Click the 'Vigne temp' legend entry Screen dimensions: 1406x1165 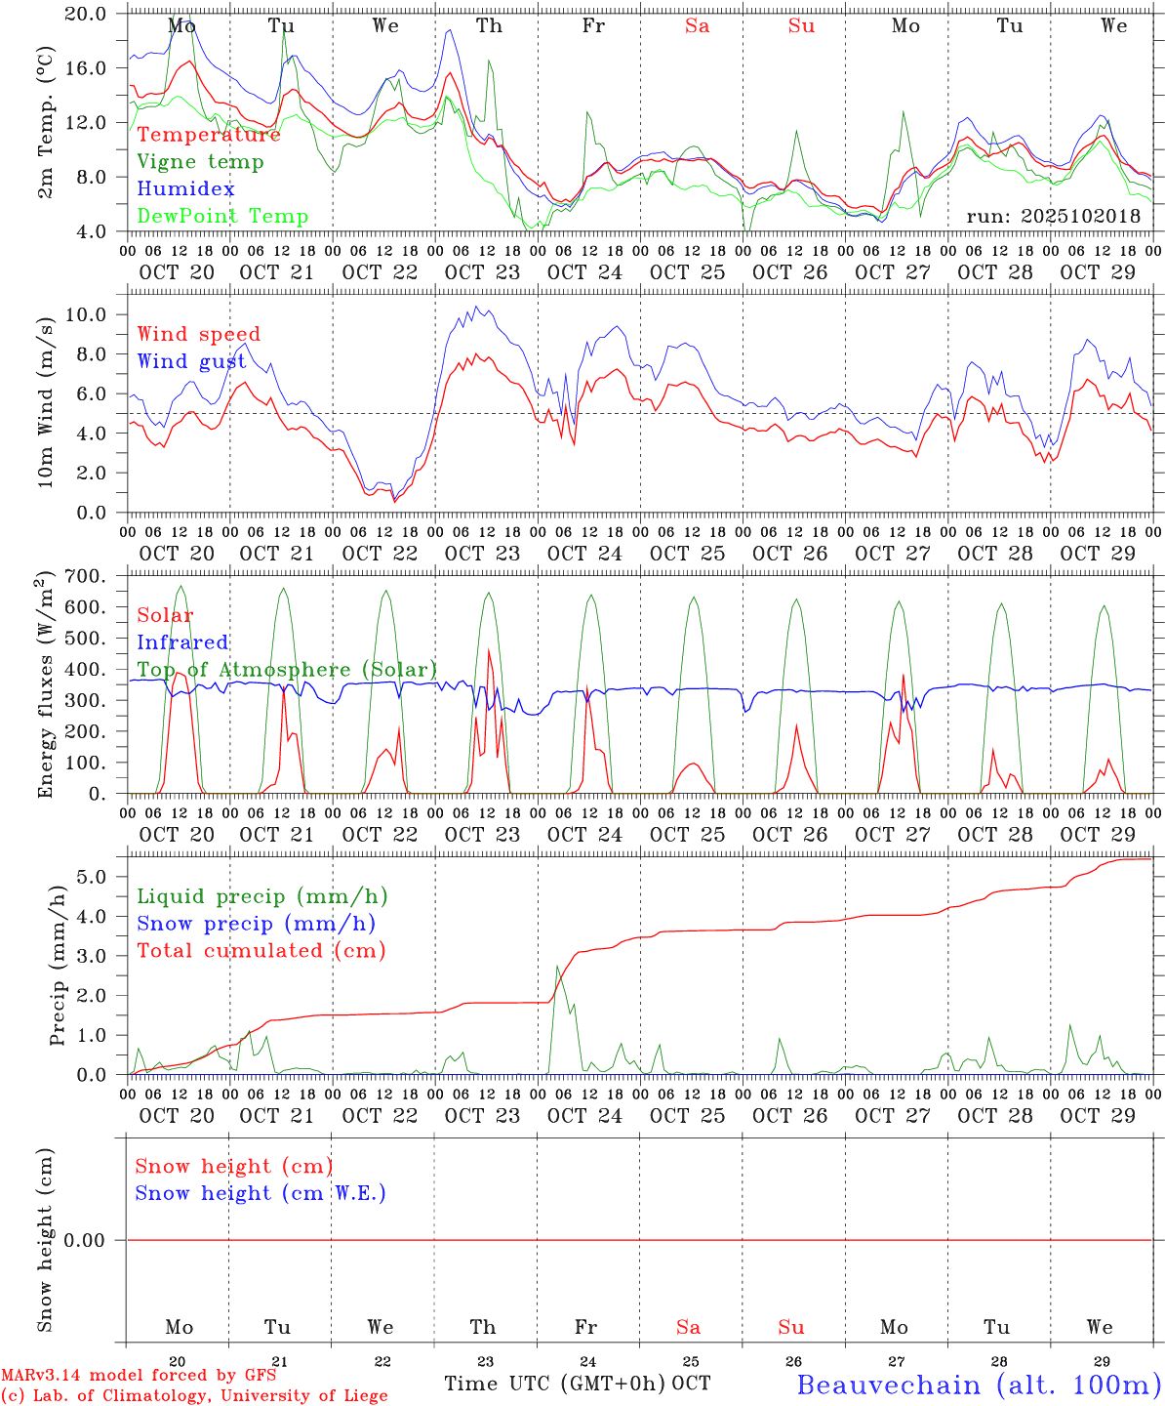click(x=200, y=162)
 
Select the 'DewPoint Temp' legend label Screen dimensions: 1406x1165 click(x=222, y=217)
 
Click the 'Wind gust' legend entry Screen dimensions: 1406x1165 click(x=191, y=361)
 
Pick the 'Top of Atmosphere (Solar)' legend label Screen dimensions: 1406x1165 click(x=286, y=670)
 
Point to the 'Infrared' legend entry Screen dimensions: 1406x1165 click(x=182, y=642)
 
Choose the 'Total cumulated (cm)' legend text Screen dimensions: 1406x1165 click(x=261, y=951)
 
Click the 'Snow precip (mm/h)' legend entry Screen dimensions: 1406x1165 click(x=256, y=924)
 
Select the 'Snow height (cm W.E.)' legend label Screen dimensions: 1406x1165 click(x=260, y=1193)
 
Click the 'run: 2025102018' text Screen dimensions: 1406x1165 click(x=1053, y=217)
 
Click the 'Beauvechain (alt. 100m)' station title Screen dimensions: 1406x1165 click(x=979, y=1385)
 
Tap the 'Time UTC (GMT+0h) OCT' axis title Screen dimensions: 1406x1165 click(x=578, y=1384)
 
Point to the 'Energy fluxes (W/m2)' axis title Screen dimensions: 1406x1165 click(x=46, y=685)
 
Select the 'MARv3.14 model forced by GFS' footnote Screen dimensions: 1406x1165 click(x=139, y=1375)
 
